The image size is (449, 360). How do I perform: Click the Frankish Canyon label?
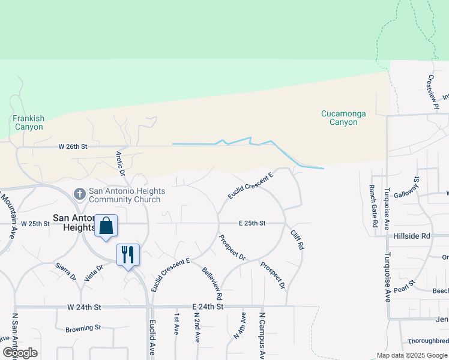pos(28,122)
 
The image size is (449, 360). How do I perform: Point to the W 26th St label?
pos(73,146)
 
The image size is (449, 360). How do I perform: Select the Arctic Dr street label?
pos(120,163)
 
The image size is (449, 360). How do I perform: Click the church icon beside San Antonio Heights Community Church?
pos(79,194)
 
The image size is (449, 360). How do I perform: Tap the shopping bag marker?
pos(106,226)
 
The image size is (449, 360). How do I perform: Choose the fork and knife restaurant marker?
pos(128,254)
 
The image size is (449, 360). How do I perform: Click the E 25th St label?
pos(252,223)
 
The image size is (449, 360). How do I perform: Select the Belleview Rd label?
pos(212,284)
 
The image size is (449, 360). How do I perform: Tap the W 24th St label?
pos(84,307)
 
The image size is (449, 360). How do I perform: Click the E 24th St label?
pos(208,307)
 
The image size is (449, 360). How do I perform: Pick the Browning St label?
pos(83,328)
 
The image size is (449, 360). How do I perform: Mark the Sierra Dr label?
pos(66,271)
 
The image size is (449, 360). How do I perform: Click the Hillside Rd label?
pos(412,236)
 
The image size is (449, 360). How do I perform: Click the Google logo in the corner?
pos(20,352)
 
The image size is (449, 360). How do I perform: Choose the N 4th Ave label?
pos(240,326)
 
